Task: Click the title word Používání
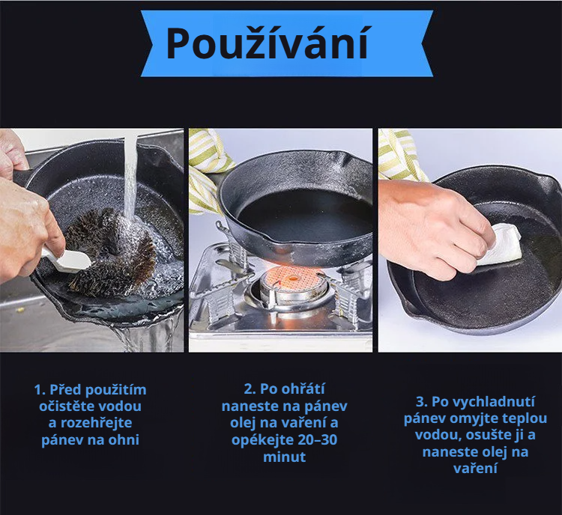pos(267,43)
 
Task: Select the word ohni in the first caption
pos(123,439)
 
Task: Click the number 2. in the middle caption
pos(250,388)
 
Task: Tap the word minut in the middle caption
pos(284,456)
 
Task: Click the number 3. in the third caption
pos(421,401)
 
